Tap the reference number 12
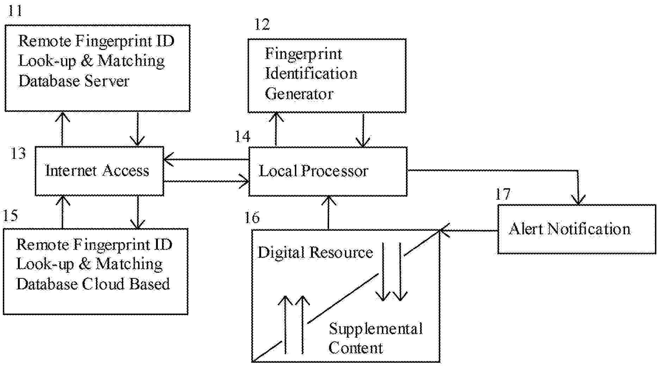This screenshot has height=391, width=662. point(262,25)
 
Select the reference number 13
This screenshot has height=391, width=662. point(18,153)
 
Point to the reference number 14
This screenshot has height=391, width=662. point(242,137)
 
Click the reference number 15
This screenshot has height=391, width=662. point(10,215)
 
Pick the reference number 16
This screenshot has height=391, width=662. point(252,217)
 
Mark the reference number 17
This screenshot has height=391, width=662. point(503,194)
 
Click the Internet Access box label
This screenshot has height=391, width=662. point(97,171)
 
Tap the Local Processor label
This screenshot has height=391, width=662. point(313,171)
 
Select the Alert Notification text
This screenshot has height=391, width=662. point(570,229)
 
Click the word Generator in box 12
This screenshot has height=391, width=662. point(299,94)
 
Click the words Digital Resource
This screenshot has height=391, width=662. point(315,252)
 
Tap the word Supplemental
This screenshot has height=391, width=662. point(376,329)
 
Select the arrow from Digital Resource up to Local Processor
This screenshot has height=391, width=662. point(329,213)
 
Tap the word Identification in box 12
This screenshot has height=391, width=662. point(311,74)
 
